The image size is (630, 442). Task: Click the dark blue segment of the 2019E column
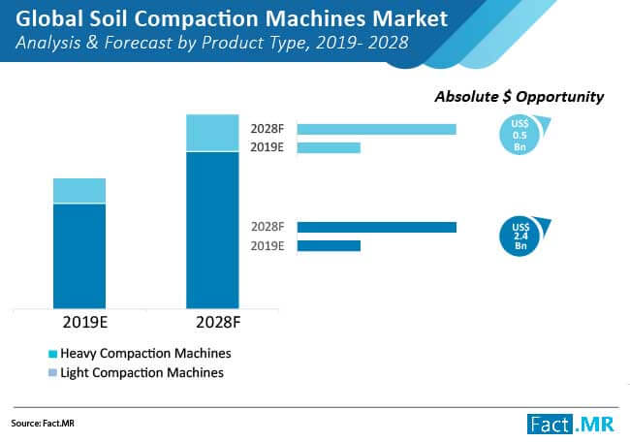coord(79,256)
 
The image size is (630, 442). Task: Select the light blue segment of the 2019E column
coord(79,190)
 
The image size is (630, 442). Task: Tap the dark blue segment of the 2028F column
coord(212,231)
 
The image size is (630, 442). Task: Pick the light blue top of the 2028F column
coord(212,133)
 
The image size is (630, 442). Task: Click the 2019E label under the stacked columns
coord(85,322)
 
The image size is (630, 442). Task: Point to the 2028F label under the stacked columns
coord(218,322)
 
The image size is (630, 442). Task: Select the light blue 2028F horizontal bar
coord(377,129)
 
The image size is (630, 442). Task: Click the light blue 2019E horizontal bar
coord(329,148)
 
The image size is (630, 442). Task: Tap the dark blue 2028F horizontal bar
coord(377,227)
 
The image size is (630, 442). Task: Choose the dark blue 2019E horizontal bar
coord(329,246)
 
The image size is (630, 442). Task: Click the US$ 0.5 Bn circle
coord(520,135)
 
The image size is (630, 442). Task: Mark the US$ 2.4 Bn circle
coord(520,237)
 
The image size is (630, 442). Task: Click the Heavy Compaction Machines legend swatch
coord(52,354)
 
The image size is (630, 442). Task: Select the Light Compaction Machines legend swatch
coord(52,373)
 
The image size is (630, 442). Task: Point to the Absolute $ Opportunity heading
coord(520,97)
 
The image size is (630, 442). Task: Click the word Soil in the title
coord(109,18)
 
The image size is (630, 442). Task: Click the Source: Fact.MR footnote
coord(43,424)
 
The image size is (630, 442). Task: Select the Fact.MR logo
coord(571,424)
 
